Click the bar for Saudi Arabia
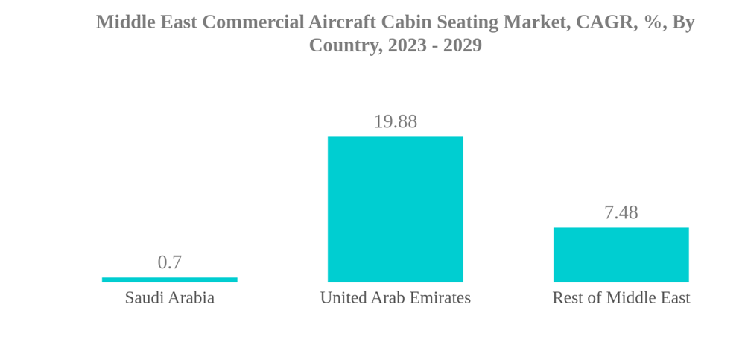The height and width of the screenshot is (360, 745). click(x=170, y=280)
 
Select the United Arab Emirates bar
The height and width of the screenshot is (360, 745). click(x=395, y=209)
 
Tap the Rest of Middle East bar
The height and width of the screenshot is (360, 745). click(x=621, y=255)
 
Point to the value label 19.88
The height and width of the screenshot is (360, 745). click(x=395, y=121)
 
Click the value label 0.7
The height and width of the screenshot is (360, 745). click(x=170, y=262)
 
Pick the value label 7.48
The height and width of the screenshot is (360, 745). click(x=621, y=212)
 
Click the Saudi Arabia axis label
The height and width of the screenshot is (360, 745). click(x=170, y=298)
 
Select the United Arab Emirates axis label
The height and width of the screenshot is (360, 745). click(x=395, y=298)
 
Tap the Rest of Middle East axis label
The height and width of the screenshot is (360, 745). click(x=621, y=298)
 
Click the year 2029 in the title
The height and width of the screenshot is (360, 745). click(x=463, y=45)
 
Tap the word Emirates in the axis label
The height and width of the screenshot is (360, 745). click(x=441, y=298)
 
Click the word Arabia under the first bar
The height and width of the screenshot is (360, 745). click(x=191, y=298)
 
